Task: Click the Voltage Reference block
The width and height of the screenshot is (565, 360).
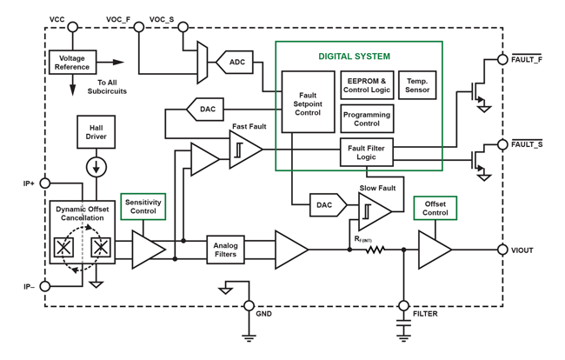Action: pyautogui.click(x=72, y=62)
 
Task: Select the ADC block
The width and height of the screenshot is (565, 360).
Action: pyautogui.click(x=237, y=62)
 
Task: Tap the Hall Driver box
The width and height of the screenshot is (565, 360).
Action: pyautogui.click(x=96, y=131)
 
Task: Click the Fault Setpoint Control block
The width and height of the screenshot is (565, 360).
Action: pyautogui.click(x=308, y=101)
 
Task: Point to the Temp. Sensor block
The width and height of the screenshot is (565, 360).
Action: pyautogui.click(x=417, y=85)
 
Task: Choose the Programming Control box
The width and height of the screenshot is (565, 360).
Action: pyautogui.click(x=366, y=118)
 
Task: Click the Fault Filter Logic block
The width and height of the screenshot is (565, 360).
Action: pyautogui.click(x=367, y=153)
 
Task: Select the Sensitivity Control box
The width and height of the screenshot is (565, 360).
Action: pyautogui.click(x=143, y=206)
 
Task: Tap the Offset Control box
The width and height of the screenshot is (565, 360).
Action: pyautogui.click(x=435, y=208)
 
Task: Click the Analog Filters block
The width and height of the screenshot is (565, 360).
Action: pyautogui.click(x=225, y=250)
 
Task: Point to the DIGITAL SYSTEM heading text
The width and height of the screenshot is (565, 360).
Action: pyautogui.click(x=354, y=57)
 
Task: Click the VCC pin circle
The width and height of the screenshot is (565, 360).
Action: pyautogui.click(x=72, y=27)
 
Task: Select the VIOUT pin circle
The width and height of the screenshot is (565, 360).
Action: pyautogui.click(x=502, y=250)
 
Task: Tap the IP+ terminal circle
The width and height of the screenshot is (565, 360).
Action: pyautogui.click(x=45, y=183)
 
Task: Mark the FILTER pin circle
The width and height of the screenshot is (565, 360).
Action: pyautogui.click(x=403, y=305)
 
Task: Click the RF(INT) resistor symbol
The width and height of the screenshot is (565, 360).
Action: pyautogui.click(x=375, y=250)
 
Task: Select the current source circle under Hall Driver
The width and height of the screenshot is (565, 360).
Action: pyautogui.click(x=96, y=166)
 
